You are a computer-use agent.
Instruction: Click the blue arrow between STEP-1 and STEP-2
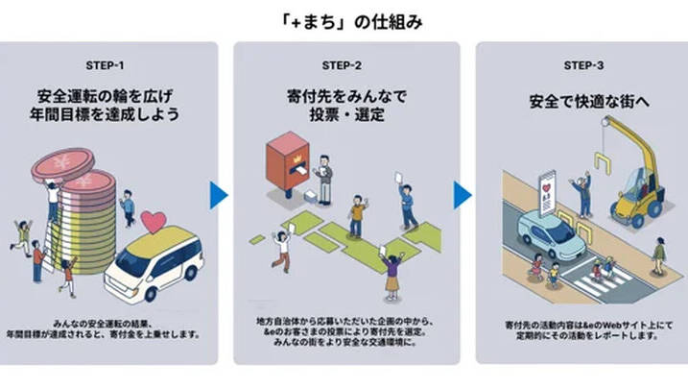coord(219,195)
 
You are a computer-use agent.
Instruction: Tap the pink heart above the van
coord(154,222)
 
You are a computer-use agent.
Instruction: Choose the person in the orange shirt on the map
coord(357,215)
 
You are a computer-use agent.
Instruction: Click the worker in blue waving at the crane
coord(582,193)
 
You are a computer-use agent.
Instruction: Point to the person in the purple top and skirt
coord(391,274)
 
